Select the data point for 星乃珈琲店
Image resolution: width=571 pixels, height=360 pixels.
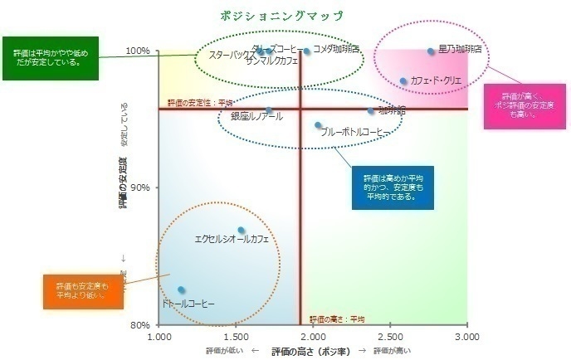pos(431,51)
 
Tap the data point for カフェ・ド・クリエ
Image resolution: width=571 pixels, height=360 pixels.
pos(403,81)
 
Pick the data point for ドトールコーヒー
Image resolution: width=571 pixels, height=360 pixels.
pos(181,289)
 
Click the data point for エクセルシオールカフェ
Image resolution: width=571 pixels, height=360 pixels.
pos(242,231)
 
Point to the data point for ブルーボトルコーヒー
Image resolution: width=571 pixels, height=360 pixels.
pos(318,125)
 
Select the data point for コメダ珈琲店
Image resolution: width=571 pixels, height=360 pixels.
pos(306,51)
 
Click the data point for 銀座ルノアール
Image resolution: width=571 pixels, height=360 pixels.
pos(268,111)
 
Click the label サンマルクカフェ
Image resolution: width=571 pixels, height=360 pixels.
pos(272,61)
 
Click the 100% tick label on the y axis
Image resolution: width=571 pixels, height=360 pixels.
pos(137,51)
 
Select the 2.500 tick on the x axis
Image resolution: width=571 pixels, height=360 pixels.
pos(390,337)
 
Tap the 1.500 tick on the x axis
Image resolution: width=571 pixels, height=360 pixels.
pos(237,337)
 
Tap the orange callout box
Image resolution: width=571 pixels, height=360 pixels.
pos(81,290)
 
